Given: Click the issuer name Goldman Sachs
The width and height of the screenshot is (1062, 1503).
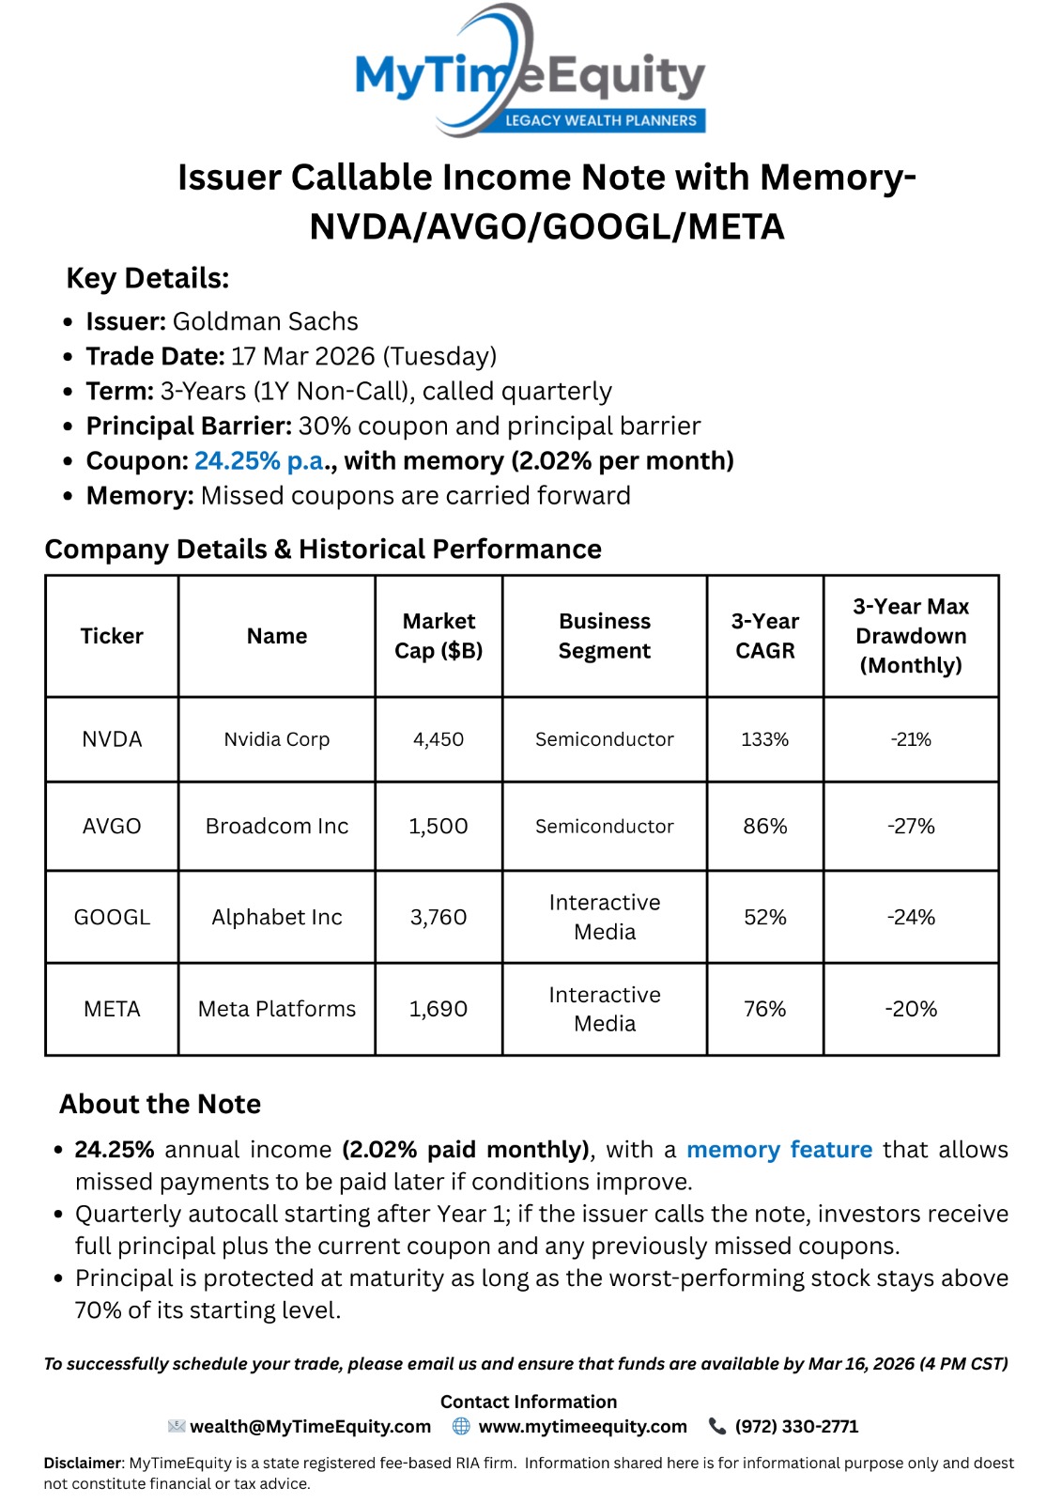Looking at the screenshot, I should (265, 321).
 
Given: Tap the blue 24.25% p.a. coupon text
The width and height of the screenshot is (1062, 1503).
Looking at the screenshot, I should (259, 461).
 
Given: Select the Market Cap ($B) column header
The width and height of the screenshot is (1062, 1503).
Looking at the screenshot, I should (439, 636).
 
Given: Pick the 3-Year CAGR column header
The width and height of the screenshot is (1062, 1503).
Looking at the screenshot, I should (764, 636).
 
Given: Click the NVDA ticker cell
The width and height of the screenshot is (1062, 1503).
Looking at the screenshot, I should (112, 739).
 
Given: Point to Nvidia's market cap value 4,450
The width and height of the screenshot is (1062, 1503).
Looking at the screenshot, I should (439, 739).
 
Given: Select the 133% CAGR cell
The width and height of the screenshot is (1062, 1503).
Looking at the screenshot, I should (764, 739).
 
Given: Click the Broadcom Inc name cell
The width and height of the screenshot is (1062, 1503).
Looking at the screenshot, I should (277, 827).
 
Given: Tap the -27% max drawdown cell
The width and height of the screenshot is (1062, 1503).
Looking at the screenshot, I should (911, 827).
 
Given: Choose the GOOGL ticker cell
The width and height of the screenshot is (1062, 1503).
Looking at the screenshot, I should (112, 917).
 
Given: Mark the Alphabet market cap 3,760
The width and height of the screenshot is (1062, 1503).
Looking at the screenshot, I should (439, 917).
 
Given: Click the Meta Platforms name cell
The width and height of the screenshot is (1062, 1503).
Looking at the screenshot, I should (277, 1009).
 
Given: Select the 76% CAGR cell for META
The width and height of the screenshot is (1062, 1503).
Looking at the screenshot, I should (764, 1009).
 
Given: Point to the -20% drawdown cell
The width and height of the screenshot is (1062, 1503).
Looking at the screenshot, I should (911, 1009).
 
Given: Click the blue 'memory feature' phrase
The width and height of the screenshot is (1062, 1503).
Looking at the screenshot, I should (779, 1150).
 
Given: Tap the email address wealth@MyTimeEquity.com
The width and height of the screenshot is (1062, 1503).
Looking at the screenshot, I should (310, 1427).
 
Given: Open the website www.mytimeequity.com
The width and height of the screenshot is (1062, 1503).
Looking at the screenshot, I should (582, 1427).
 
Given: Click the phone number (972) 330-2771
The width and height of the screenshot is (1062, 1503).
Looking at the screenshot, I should (796, 1427).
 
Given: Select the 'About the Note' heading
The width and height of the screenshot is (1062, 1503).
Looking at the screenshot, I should (161, 1104).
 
